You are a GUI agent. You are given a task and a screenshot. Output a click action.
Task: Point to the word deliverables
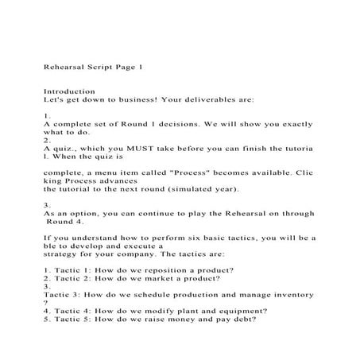click(x=235, y=101)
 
